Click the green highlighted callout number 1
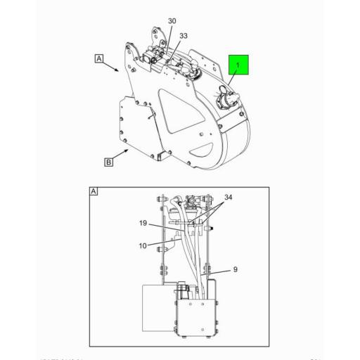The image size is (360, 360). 238,67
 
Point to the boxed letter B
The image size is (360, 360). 108,162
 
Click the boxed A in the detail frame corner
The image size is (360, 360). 94,191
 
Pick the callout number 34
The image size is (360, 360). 228,197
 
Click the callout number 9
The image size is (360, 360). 236,268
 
